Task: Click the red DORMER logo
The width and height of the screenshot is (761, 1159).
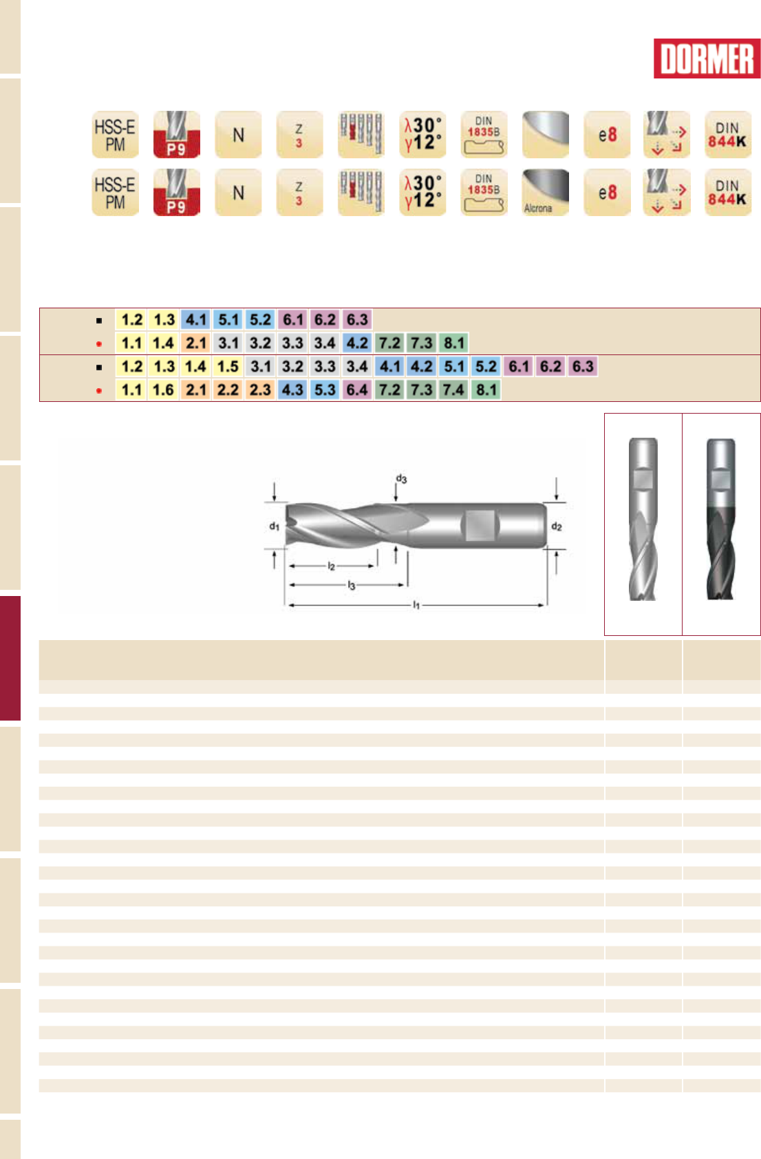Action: click(x=707, y=59)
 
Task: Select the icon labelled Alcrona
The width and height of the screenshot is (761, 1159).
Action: click(x=545, y=193)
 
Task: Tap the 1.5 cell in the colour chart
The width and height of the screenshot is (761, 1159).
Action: click(x=228, y=367)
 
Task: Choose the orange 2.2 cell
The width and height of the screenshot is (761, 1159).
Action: click(x=228, y=390)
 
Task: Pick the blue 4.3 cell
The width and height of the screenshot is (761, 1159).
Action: click(x=292, y=390)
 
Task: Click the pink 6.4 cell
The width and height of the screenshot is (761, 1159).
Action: click(x=357, y=390)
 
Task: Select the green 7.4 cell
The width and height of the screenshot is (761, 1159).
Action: click(x=453, y=390)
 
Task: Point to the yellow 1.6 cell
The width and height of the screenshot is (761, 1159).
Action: click(x=164, y=390)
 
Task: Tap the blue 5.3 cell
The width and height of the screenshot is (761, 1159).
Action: click(x=325, y=390)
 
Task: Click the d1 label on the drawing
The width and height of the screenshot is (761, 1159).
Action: click(x=274, y=527)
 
